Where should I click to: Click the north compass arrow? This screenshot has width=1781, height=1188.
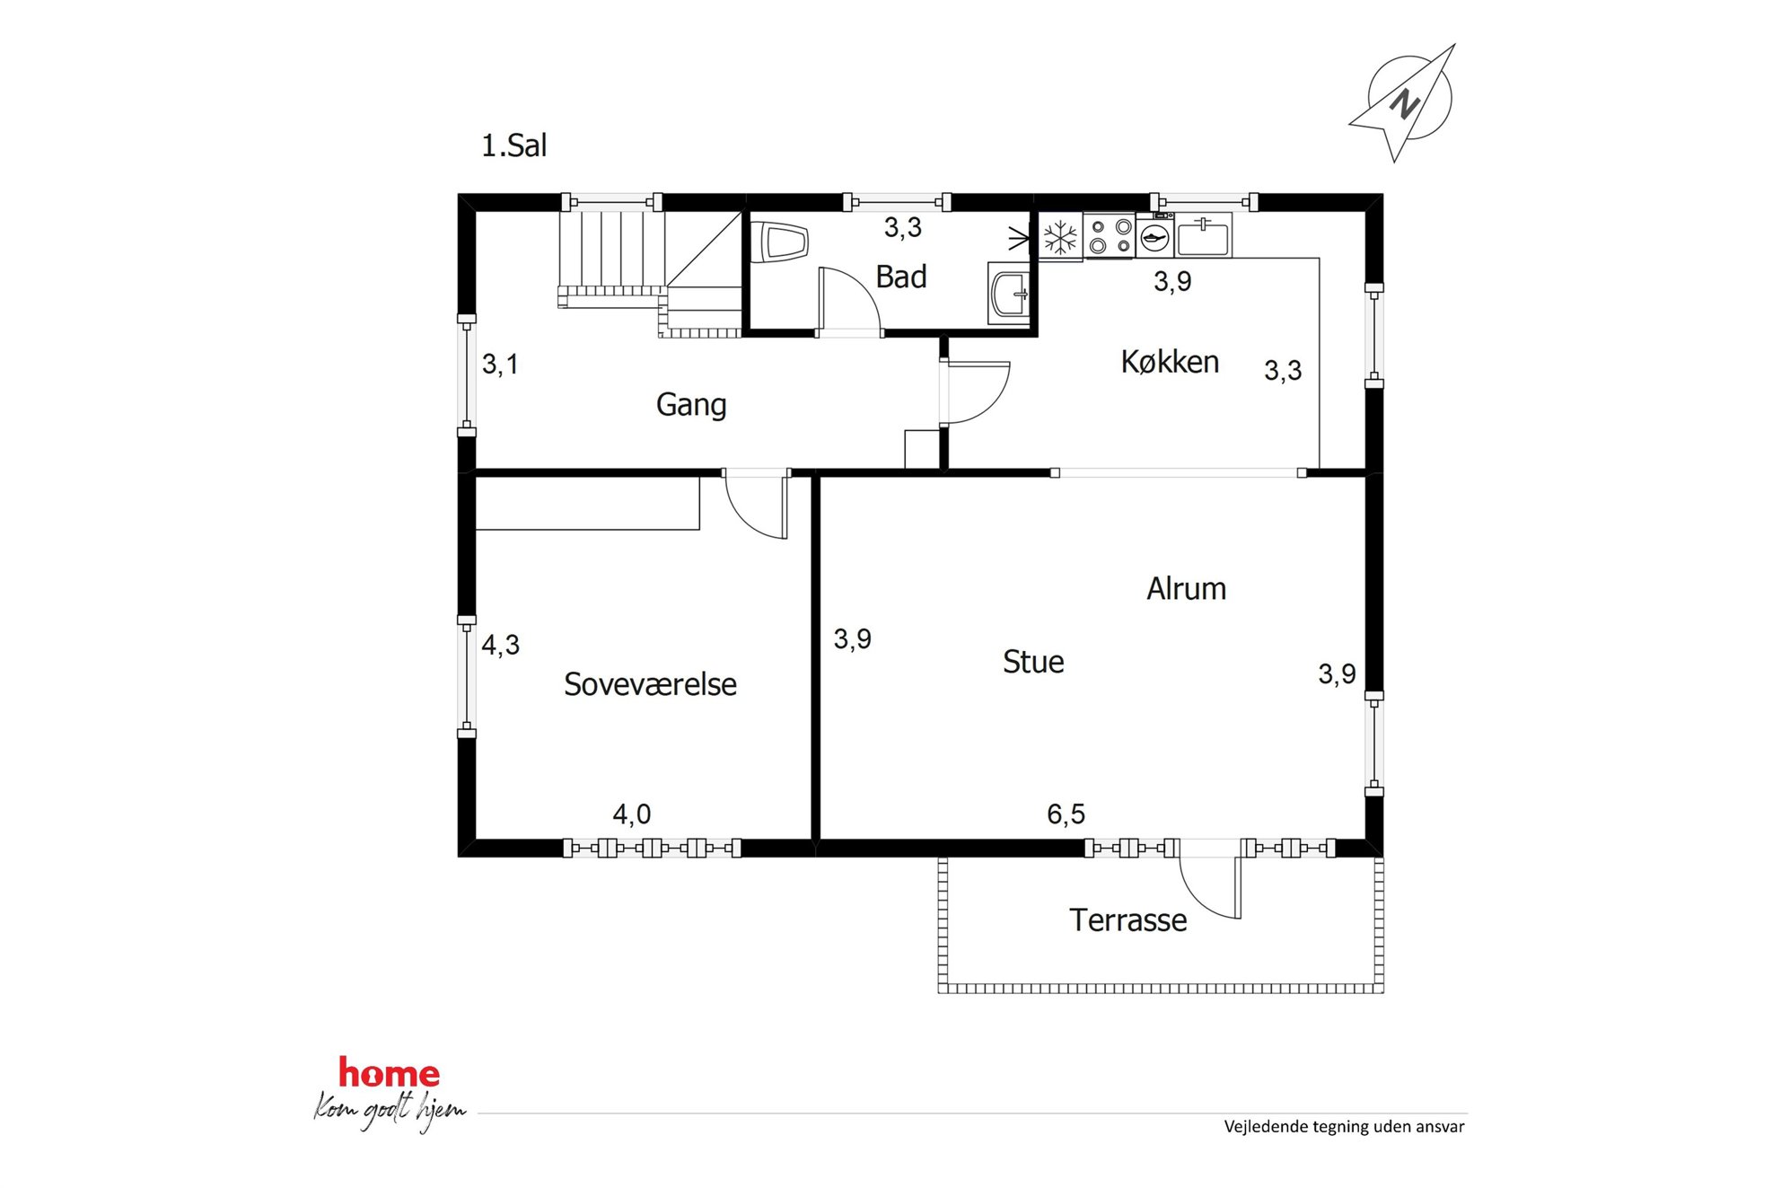[1402, 103]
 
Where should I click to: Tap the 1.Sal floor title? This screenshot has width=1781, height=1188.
[513, 145]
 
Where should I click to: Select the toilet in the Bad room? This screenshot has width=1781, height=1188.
[779, 242]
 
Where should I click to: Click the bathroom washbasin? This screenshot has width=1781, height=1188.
[1010, 292]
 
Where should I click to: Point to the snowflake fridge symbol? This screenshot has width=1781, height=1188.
[1060, 238]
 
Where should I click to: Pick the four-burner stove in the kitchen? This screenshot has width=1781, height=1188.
[1110, 236]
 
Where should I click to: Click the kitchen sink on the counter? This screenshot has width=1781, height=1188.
[1203, 236]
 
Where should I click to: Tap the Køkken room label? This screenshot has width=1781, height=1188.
[1170, 362]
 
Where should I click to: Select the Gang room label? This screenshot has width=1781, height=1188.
[691, 405]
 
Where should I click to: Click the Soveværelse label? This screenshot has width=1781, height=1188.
[650, 684]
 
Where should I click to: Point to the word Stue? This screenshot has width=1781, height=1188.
[1033, 662]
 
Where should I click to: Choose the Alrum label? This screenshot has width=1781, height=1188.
[1186, 589]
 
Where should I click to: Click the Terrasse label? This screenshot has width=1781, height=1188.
[1127, 920]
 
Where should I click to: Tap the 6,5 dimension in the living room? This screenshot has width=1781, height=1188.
[1066, 814]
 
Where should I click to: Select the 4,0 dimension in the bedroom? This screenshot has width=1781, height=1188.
[631, 814]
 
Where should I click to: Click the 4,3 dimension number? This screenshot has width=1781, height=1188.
[500, 645]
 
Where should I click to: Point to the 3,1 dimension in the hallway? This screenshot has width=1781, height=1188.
[500, 364]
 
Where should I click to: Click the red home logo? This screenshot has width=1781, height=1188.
[389, 1073]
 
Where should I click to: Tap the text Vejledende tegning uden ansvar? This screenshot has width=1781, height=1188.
[1344, 1127]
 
